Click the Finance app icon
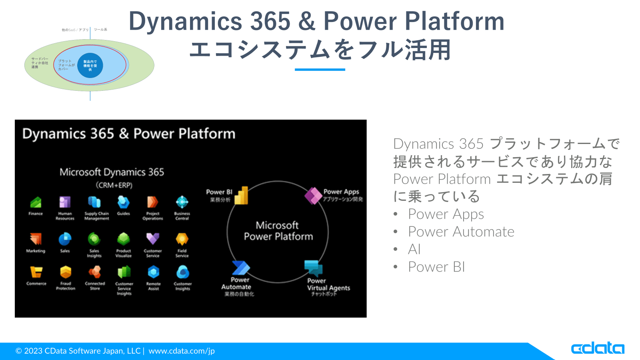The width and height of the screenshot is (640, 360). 36,202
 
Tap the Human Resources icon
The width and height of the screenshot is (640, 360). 65,202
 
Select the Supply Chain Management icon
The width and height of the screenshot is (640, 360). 94,202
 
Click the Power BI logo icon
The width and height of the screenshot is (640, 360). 241,196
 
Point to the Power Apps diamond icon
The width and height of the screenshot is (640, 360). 313,196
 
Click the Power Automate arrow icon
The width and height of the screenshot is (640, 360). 241,268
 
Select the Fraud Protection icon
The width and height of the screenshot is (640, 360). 66,272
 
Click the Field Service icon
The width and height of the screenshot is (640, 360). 182,239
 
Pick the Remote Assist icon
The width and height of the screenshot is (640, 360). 153,272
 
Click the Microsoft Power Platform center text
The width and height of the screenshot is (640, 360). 278,231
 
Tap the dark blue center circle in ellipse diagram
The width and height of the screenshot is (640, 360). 90,65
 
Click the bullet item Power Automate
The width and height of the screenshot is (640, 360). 461,232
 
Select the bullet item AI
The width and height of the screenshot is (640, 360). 414,249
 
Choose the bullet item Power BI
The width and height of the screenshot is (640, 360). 436,267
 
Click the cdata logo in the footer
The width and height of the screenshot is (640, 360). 597,348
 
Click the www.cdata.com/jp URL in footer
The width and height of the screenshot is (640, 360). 182,351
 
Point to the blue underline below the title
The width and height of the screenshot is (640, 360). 320,70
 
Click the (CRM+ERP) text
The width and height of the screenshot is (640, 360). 114,185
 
